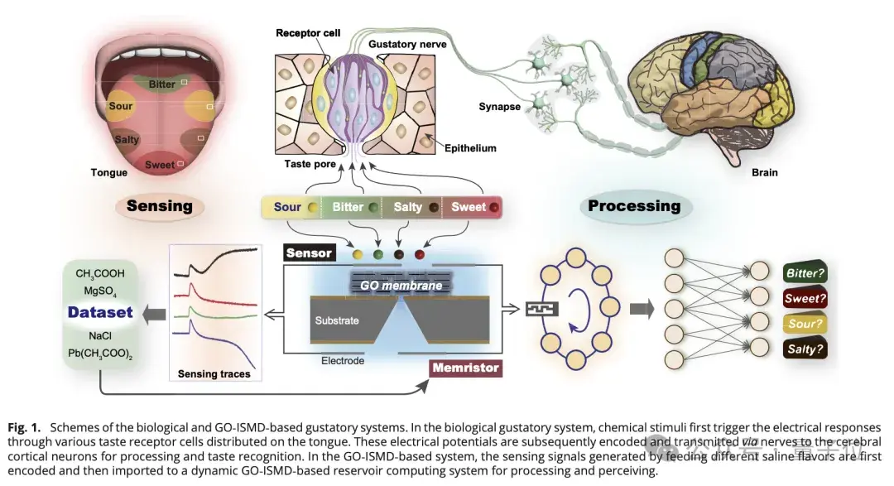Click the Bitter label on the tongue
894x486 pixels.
(x=161, y=84)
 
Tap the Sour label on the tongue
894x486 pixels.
(x=120, y=107)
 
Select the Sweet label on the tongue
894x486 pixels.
(x=159, y=165)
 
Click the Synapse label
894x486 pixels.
(x=499, y=107)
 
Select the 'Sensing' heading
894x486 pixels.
(x=160, y=206)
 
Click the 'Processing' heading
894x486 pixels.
(x=633, y=206)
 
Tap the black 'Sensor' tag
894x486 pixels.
(x=309, y=253)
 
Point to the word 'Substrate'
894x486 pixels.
(x=337, y=320)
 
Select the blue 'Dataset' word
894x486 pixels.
(x=100, y=312)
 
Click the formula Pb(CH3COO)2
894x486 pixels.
(x=100, y=354)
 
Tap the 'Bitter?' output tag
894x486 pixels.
(x=805, y=272)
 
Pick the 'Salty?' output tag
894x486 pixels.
(x=805, y=349)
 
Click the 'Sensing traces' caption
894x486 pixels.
(x=214, y=374)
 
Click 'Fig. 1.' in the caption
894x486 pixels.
(x=26, y=428)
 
